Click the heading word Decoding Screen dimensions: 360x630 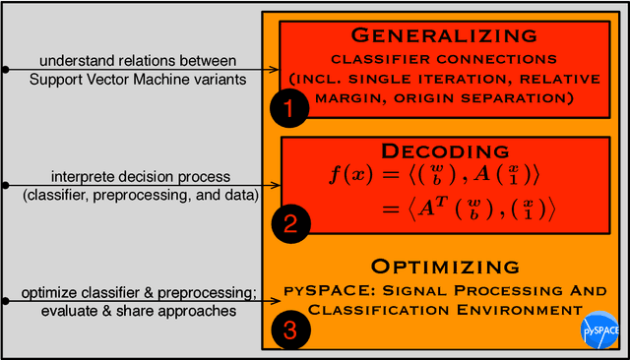pos(431,150)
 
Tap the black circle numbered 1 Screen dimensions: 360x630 pos(289,108)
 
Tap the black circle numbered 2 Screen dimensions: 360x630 pos(289,223)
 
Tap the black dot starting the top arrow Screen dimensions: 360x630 pos(5,69)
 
